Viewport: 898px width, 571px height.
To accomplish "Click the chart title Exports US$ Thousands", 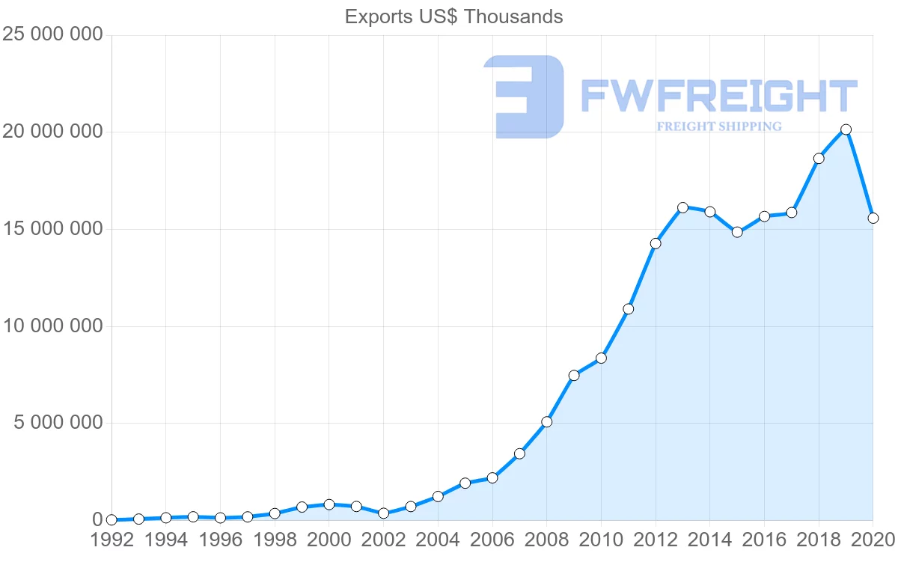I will [453, 16].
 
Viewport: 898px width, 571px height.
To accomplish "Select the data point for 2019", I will [846, 129].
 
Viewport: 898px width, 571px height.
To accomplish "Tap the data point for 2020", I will [873, 218].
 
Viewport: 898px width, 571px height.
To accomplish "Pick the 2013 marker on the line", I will [682, 207].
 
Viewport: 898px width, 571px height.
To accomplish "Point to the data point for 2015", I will [737, 232].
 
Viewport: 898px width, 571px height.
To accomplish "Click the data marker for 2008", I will [546, 422].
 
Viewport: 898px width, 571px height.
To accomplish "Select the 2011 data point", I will [628, 309].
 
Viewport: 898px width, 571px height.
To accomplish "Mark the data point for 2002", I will [383, 513].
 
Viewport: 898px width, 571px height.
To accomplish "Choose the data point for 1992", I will [112, 519].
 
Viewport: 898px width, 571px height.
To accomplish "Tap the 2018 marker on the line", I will [819, 158].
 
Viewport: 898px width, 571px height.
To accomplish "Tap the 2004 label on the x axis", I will [438, 540].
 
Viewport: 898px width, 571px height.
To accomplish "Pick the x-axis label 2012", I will [656, 540].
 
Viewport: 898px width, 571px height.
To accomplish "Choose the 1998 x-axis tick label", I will [275, 540].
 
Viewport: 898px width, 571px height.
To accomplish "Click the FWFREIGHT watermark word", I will [718, 97].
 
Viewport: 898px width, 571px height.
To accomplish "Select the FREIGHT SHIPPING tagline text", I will [719, 126].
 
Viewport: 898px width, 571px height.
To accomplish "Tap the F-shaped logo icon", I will [524, 97].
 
